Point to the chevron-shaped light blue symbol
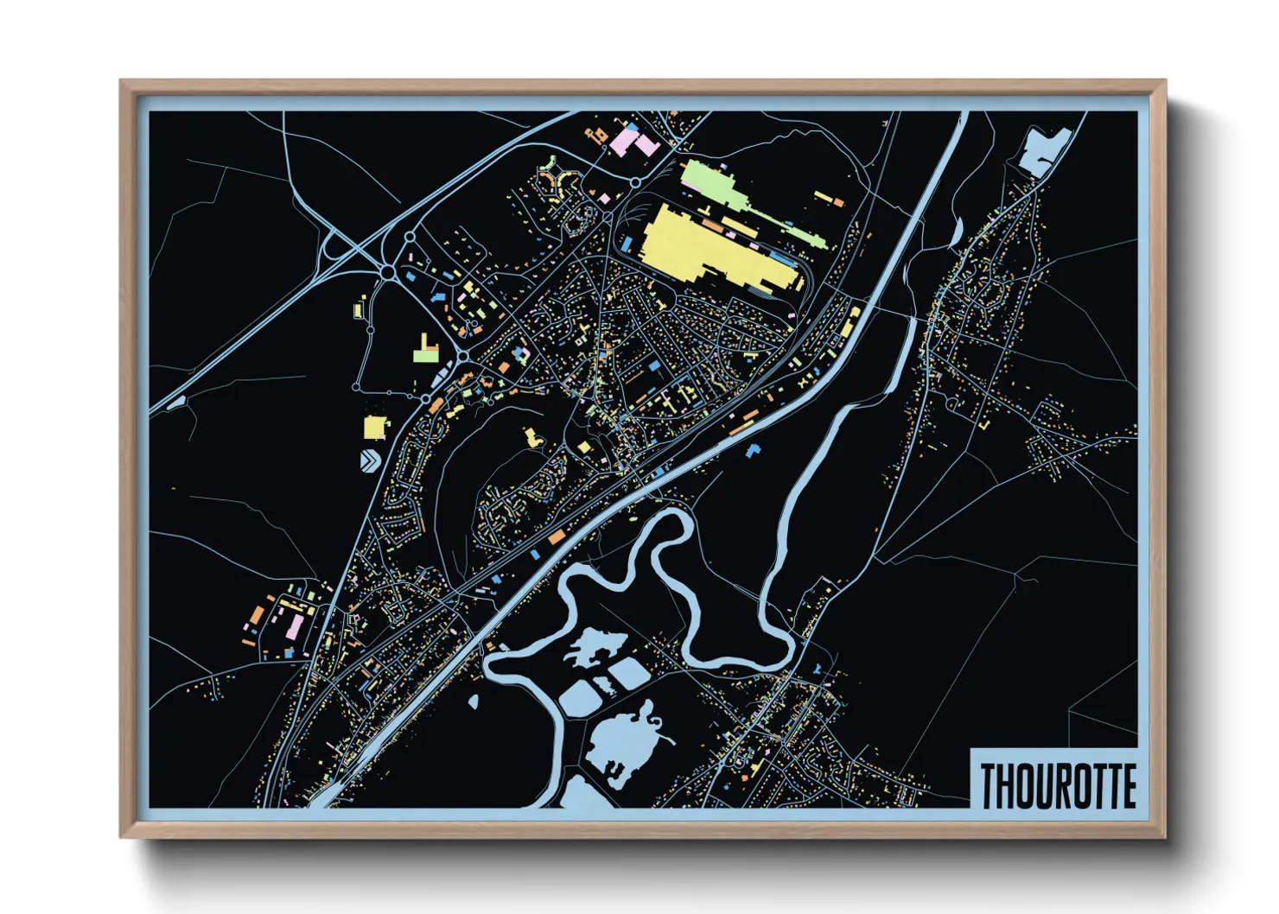370,460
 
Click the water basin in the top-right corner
1041,153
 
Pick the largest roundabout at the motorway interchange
388,272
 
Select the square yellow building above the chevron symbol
375,427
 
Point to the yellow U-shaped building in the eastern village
986,424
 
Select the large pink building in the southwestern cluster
295,625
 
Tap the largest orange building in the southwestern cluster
257,616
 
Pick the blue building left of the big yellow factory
626,245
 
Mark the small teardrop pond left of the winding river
474,701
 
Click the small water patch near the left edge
176,403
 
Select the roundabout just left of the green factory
635,182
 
